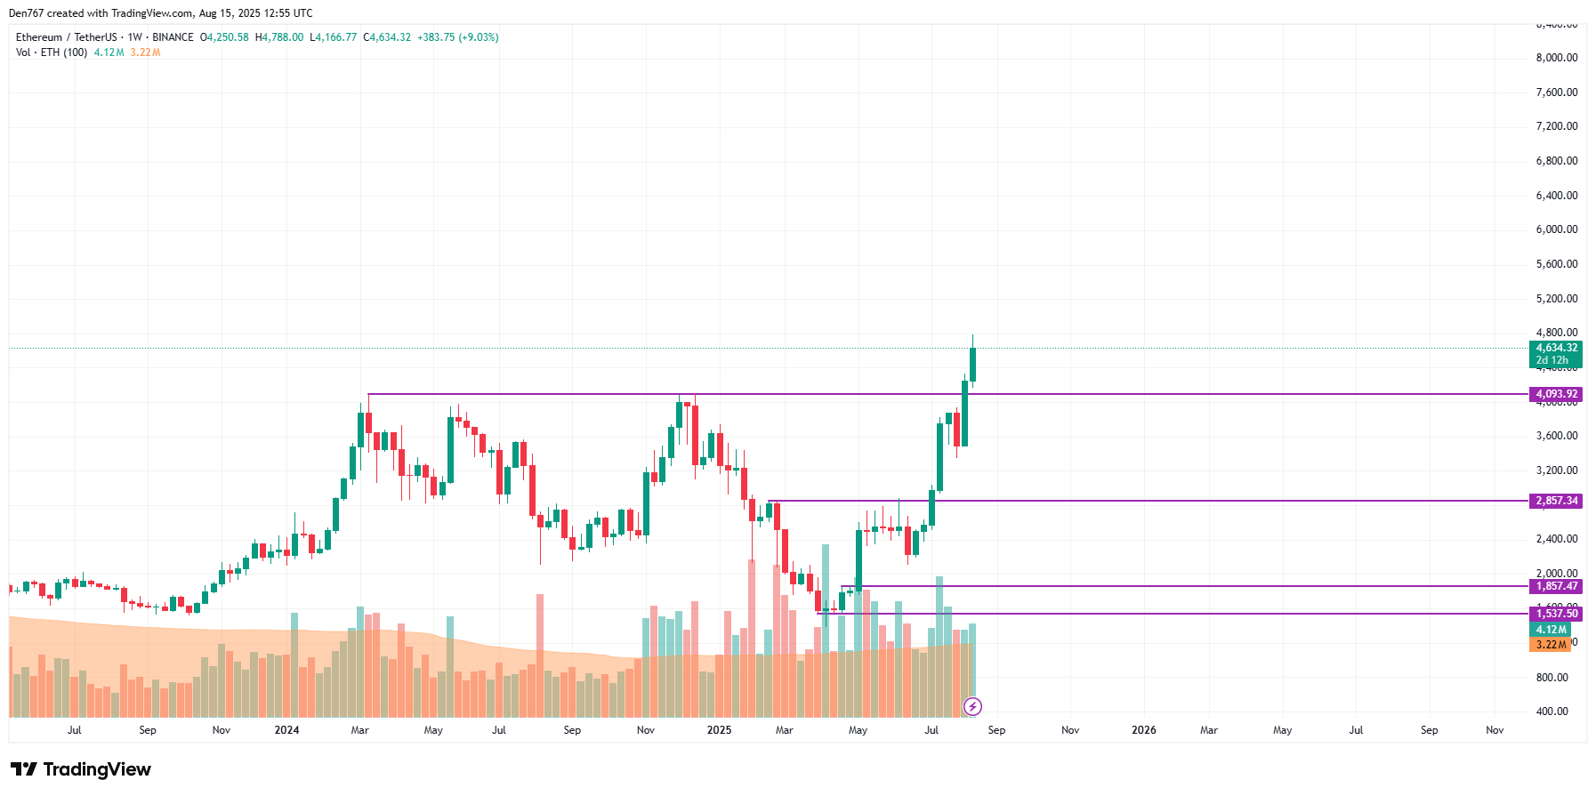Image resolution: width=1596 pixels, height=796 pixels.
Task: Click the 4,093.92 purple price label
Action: coord(1556,394)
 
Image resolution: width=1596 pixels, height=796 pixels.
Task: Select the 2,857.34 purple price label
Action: coord(1556,501)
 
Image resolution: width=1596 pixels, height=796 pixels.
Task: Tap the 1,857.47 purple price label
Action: coord(1556,586)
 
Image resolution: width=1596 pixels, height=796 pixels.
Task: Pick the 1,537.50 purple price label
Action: coord(1556,614)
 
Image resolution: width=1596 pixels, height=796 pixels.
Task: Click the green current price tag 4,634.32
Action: coord(1556,349)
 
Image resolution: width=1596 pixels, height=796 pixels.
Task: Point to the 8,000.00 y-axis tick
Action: coord(1556,58)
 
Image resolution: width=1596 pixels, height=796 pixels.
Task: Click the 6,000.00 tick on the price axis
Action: coord(1556,229)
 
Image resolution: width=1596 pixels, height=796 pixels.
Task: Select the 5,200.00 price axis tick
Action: coord(1556,299)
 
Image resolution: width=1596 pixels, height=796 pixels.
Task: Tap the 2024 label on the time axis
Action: coord(286,730)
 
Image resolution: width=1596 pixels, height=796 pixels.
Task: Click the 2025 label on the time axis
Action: coord(719,730)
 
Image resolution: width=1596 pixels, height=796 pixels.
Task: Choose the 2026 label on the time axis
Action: coord(1143,730)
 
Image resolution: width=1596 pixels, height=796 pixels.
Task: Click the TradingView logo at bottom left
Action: coord(81,769)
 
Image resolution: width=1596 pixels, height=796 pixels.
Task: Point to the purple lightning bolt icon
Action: coord(972,707)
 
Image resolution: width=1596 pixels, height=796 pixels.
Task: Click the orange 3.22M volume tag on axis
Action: coord(1550,645)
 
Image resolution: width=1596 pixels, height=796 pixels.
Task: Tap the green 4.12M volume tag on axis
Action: coord(1550,630)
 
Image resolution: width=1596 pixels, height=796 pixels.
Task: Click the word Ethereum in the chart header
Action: coord(39,37)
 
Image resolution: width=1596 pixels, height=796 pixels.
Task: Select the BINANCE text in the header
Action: coord(173,37)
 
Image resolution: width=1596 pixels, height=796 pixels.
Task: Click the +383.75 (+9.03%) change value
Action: coord(457,37)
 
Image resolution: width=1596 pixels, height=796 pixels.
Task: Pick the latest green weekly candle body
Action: coord(972,365)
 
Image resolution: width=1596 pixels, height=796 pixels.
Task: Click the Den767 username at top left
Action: coord(26,13)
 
